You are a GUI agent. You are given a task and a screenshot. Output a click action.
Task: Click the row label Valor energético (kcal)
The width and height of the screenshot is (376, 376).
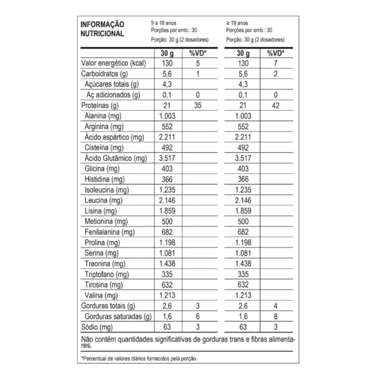113,63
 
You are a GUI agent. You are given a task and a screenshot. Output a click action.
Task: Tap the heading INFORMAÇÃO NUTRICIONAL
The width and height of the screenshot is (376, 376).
102,29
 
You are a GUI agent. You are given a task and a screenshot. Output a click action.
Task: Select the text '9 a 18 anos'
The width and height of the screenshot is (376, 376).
164,23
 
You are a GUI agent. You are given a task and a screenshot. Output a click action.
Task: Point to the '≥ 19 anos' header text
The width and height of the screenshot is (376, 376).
237,23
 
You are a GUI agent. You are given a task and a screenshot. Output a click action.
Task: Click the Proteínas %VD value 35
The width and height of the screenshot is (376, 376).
198,105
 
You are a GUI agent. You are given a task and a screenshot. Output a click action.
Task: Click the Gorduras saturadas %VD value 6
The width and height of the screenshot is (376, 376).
198,317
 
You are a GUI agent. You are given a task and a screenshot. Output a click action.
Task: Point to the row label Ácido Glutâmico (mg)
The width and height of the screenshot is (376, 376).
115,158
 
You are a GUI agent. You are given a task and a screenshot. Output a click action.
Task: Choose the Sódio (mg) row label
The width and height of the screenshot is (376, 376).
97,327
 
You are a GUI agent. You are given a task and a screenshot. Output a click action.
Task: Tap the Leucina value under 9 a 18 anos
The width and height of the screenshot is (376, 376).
167,200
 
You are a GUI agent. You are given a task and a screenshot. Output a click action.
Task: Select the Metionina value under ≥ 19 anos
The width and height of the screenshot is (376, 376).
243,221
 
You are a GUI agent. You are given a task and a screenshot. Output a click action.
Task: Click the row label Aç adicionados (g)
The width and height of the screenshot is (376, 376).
113,95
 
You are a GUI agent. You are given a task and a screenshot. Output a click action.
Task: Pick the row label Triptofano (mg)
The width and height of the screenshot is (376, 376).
108,274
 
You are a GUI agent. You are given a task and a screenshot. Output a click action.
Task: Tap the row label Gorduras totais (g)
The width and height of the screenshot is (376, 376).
108,306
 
